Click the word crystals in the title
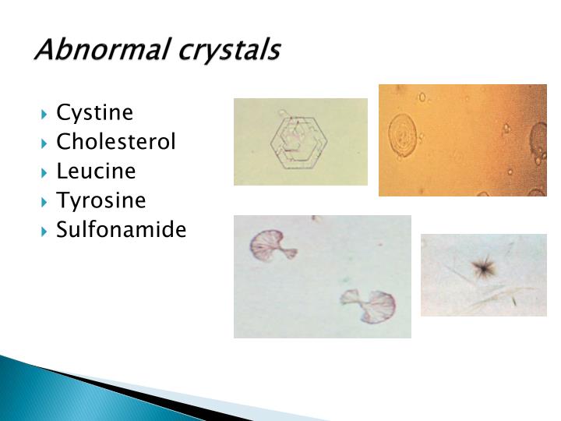point(230,50)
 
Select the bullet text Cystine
point(94,113)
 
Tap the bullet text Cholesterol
point(116,142)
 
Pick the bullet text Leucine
point(96,172)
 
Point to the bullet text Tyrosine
point(101,201)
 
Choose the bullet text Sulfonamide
point(121,230)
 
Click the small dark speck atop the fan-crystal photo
point(313,218)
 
